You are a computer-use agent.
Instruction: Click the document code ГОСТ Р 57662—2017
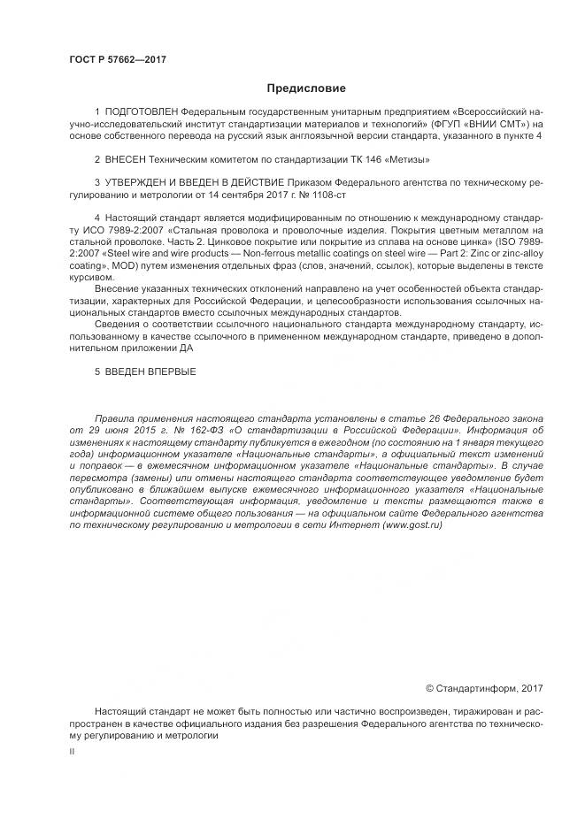coord(117,60)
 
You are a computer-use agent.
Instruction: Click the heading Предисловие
coord(306,88)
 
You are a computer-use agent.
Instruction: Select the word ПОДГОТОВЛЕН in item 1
coord(142,113)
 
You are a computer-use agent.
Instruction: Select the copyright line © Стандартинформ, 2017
coord(484,687)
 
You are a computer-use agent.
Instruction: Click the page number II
coord(72,750)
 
